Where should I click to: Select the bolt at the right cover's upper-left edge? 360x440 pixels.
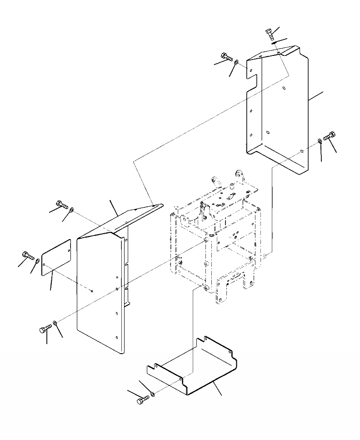(x=225, y=57)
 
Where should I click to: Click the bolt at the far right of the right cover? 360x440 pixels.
(x=330, y=135)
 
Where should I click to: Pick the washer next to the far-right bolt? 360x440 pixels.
(x=320, y=141)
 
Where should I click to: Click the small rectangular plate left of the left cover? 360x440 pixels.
(x=56, y=257)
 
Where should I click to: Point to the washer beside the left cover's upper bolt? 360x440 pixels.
(x=72, y=209)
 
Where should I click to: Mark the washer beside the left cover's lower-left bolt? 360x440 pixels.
(x=55, y=323)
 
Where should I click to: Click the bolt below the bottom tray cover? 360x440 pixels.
(x=143, y=400)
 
